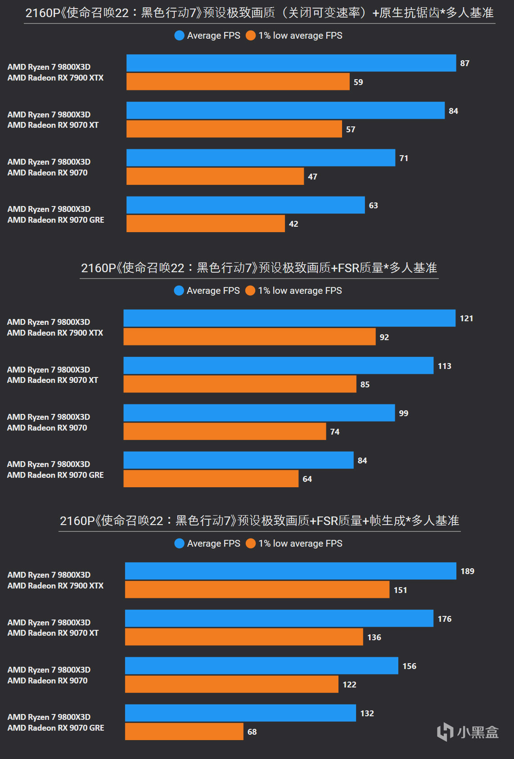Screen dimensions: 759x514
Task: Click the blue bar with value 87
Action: (291, 63)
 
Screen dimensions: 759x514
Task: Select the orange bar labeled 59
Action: (238, 82)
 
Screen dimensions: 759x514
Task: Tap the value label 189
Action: (467, 571)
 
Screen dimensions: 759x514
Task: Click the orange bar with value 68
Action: (184, 732)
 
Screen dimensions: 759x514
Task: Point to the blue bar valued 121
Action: (289, 318)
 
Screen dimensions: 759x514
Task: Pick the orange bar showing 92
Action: (249, 337)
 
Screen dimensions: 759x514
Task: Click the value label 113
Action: (444, 366)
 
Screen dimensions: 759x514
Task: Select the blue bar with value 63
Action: (245, 205)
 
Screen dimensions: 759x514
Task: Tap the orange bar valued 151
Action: (257, 590)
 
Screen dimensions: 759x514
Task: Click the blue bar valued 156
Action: (262, 666)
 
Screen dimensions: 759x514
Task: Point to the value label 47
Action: (312, 177)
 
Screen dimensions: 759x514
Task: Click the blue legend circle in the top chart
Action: (179, 36)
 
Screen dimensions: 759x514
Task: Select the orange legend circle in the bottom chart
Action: (251, 543)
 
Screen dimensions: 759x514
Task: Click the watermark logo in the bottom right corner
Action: (468, 732)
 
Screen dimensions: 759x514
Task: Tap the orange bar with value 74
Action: (225, 431)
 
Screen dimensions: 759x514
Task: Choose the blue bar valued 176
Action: (279, 619)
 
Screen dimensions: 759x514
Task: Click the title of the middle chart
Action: (259, 268)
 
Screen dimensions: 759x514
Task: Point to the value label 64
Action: (307, 479)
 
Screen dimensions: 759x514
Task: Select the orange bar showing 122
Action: (231, 684)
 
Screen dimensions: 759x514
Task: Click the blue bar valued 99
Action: (259, 413)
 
